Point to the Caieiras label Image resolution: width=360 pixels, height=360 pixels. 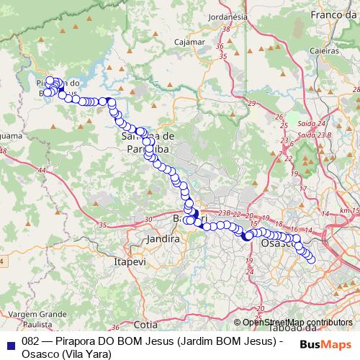coord(325,51)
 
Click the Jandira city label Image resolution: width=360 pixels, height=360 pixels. coord(161,238)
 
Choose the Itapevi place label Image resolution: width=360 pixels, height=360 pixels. coord(130,263)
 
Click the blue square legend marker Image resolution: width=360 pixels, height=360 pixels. coord(11,343)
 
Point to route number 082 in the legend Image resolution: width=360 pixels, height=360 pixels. coord(30,343)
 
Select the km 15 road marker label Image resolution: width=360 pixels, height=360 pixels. coord(350,210)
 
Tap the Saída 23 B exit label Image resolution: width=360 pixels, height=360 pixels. coord(314,135)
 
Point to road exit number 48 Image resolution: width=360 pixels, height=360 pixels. coord(4,151)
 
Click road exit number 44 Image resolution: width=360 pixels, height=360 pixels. coord(42,170)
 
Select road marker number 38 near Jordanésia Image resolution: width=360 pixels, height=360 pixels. coord(228,30)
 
